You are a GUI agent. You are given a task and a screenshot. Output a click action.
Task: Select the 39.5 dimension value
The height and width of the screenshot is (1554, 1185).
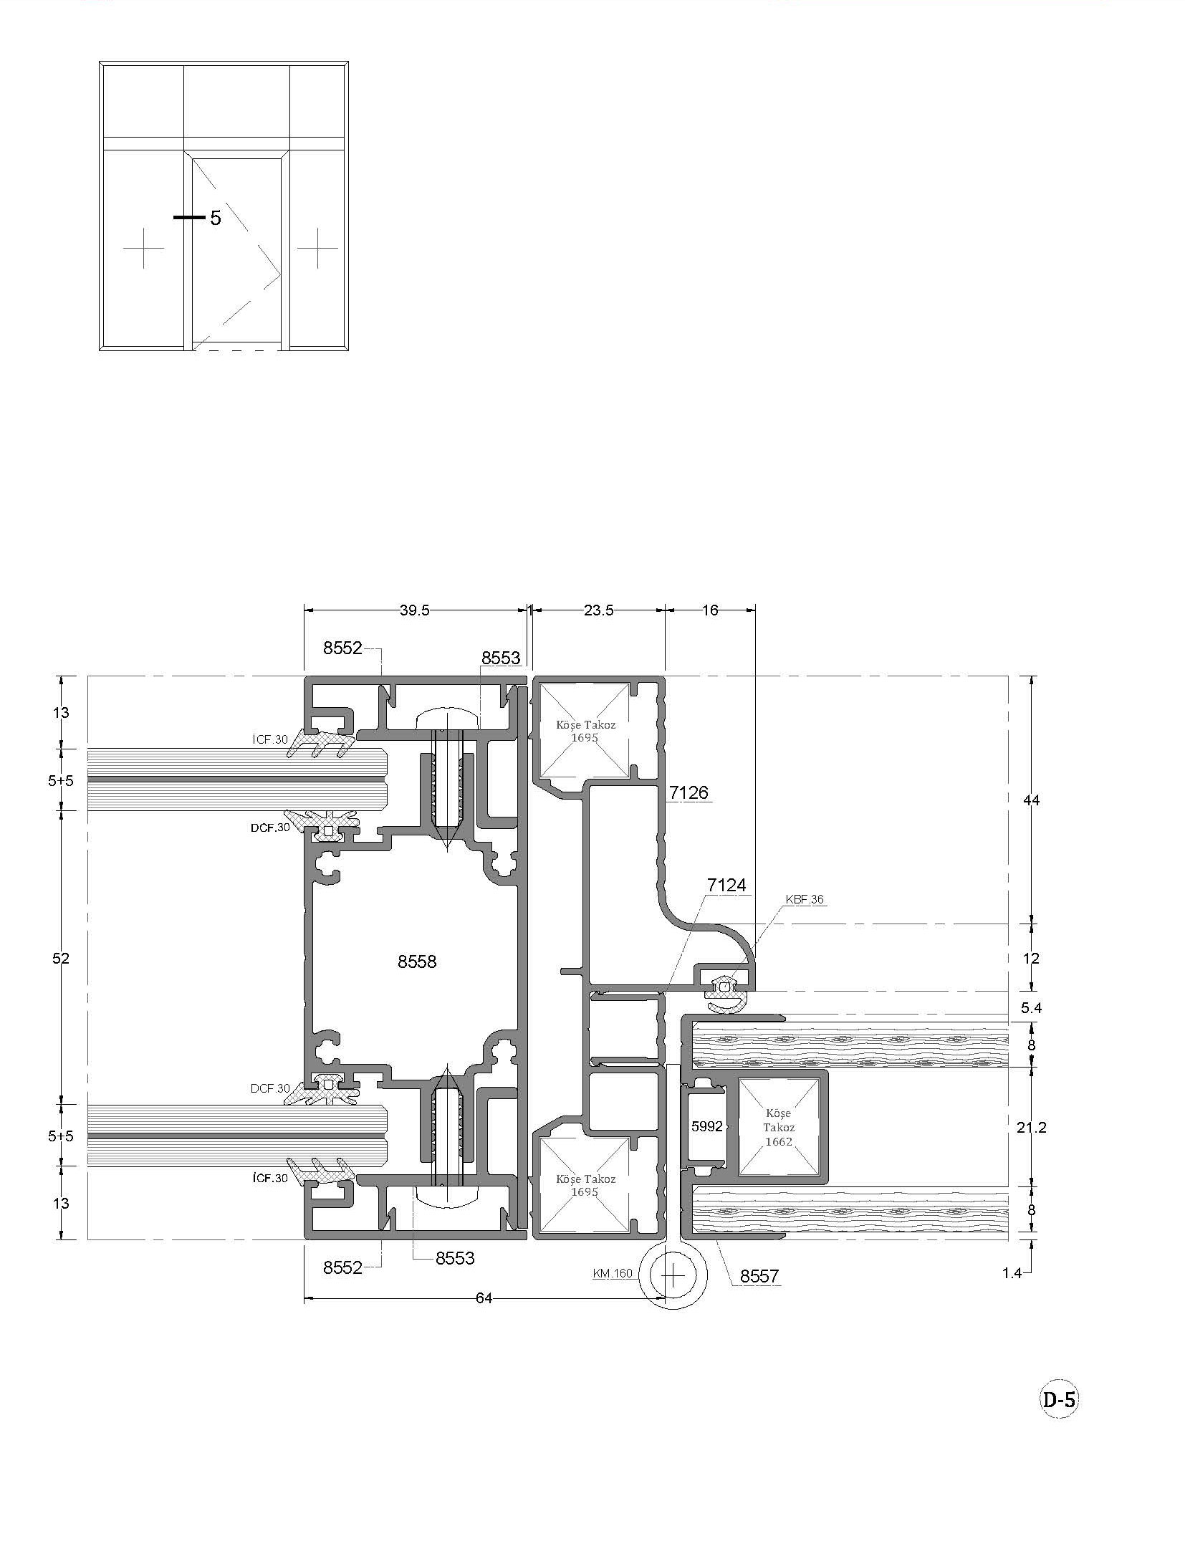(414, 610)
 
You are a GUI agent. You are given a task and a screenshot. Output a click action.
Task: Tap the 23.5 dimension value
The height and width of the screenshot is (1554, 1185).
(598, 610)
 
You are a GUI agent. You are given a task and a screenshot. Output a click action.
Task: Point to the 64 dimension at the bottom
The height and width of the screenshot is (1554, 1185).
(484, 1298)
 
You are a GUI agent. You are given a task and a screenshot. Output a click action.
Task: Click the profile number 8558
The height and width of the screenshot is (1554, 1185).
(417, 961)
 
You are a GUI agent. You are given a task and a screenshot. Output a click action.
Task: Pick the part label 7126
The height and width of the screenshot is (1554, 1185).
(689, 792)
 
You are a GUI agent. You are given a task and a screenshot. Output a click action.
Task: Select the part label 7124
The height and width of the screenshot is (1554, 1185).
(726, 886)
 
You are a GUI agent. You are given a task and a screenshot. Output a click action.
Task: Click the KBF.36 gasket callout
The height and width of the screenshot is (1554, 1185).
(805, 899)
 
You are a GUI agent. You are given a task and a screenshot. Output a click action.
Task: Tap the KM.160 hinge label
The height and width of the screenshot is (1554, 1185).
(613, 1273)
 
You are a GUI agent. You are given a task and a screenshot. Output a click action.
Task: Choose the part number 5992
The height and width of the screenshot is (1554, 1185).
(706, 1126)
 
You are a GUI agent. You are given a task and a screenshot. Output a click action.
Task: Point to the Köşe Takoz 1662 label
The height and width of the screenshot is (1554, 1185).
(778, 1127)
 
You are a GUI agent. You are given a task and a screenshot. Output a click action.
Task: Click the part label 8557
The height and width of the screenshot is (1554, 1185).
(759, 1275)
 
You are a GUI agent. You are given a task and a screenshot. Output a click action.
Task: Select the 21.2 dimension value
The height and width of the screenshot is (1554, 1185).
(1031, 1127)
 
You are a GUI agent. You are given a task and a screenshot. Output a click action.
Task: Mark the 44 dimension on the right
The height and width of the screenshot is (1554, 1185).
(1031, 800)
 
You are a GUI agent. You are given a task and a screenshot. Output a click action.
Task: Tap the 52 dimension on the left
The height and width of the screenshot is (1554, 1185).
(61, 959)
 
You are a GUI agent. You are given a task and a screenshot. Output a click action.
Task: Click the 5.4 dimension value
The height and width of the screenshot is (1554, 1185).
(1031, 1007)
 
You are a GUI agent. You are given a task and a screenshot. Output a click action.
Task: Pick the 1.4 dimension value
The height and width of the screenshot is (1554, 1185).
(1012, 1273)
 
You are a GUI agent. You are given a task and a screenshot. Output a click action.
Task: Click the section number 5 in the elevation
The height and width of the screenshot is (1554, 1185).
(216, 218)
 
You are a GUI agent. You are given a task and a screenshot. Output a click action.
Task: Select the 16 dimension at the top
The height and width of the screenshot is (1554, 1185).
(709, 610)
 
